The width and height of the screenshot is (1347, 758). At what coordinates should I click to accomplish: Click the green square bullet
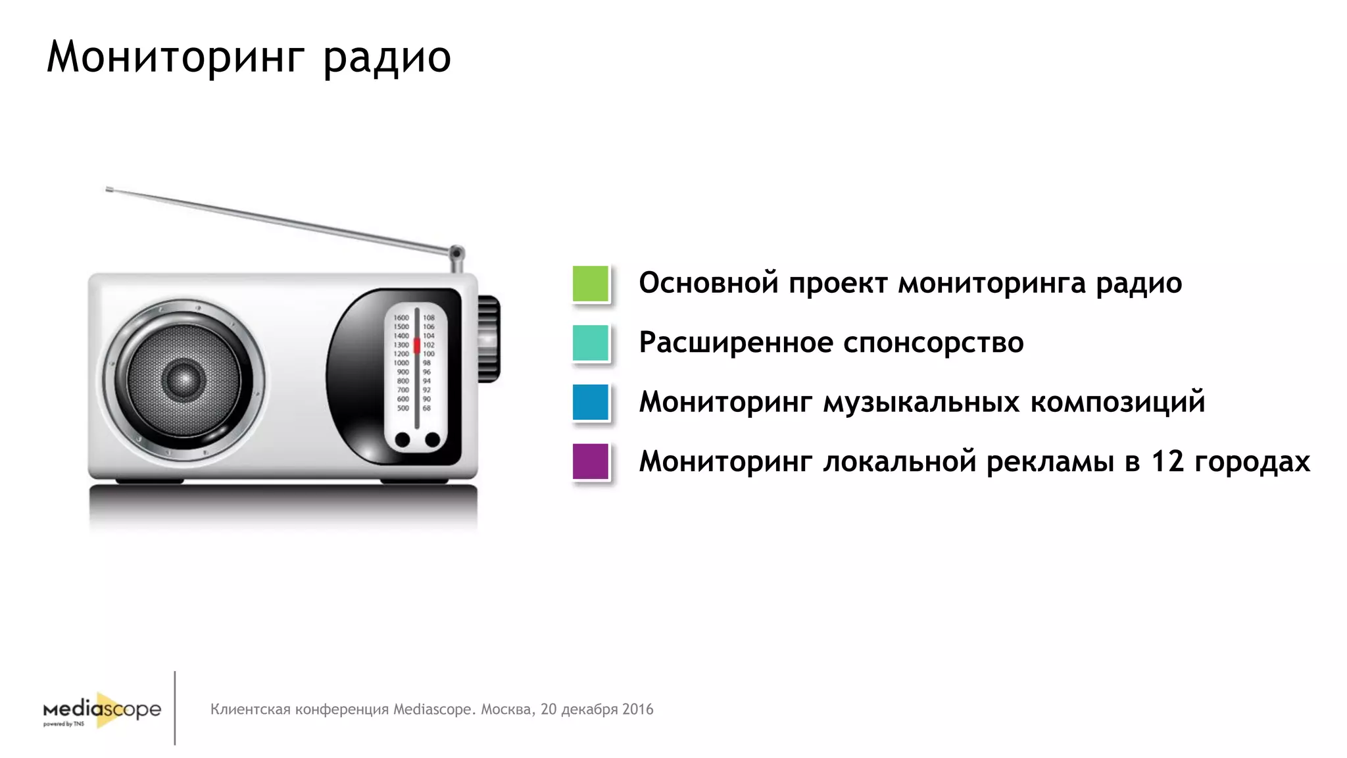point(591,284)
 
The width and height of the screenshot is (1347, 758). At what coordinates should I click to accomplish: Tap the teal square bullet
point(591,343)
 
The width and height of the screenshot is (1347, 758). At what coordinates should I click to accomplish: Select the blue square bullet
point(591,402)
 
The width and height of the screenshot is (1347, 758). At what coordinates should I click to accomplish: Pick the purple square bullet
point(591,461)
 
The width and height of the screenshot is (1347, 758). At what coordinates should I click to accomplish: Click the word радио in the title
point(387,58)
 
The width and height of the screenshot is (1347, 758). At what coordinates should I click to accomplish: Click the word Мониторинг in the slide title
point(176,58)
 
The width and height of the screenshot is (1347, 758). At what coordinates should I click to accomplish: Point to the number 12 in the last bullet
point(1167,461)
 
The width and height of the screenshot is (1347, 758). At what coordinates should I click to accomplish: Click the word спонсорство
point(933,343)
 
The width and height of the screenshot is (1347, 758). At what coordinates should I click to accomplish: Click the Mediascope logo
point(103,711)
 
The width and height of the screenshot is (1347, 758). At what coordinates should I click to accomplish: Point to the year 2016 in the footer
point(637,709)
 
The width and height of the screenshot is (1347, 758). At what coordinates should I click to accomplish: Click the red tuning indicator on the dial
point(416,345)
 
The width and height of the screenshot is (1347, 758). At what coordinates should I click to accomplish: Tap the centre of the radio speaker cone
point(184,380)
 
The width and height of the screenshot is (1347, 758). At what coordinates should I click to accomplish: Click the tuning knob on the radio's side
point(489,339)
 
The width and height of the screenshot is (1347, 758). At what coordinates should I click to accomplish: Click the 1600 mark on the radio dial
point(401,318)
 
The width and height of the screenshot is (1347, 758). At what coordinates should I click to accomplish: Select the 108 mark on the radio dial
point(429,318)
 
